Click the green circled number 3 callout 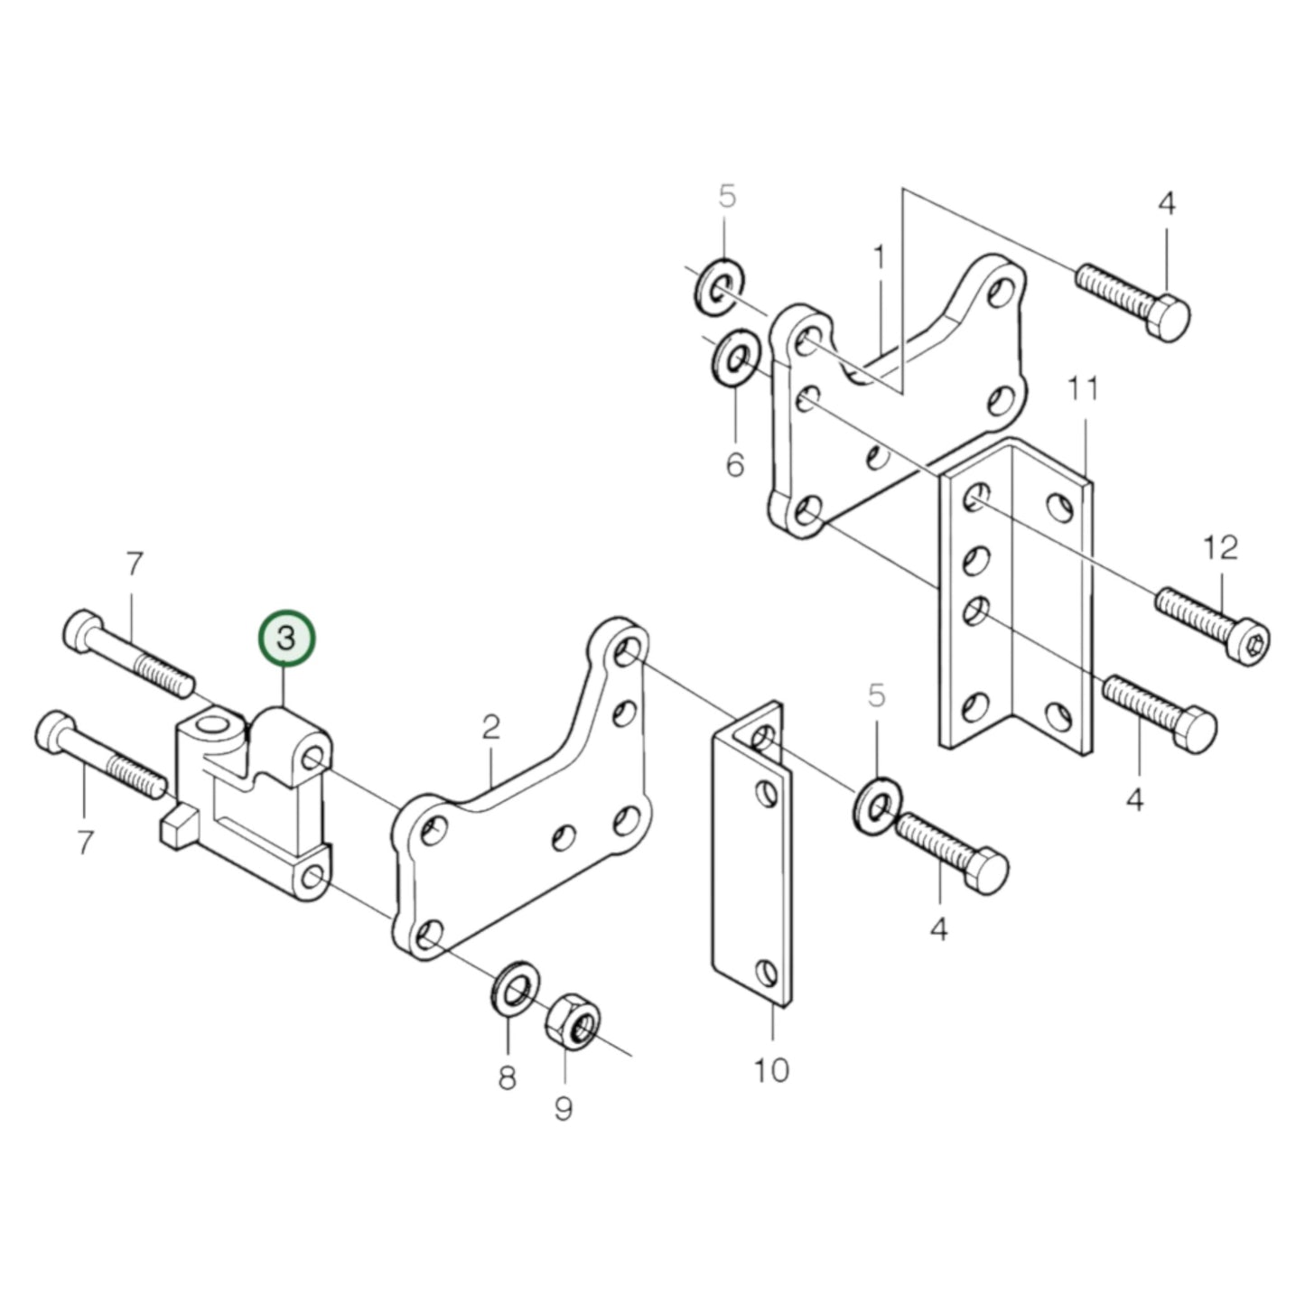[x=286, y=639]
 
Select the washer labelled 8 [x=515, y=987]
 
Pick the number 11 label [x=1083, y=390]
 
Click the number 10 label [x=771, y=1070]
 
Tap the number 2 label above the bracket [x=490, y=727]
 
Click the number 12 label [x=1220, y=548]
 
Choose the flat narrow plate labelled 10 [x=752, y=858]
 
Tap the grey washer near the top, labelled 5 [x=720, y=287]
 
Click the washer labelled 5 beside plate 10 [x=875, y=804]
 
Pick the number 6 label [x=735, y=465]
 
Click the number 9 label [x=564, y=1109]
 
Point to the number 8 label [x=507, y=1078]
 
